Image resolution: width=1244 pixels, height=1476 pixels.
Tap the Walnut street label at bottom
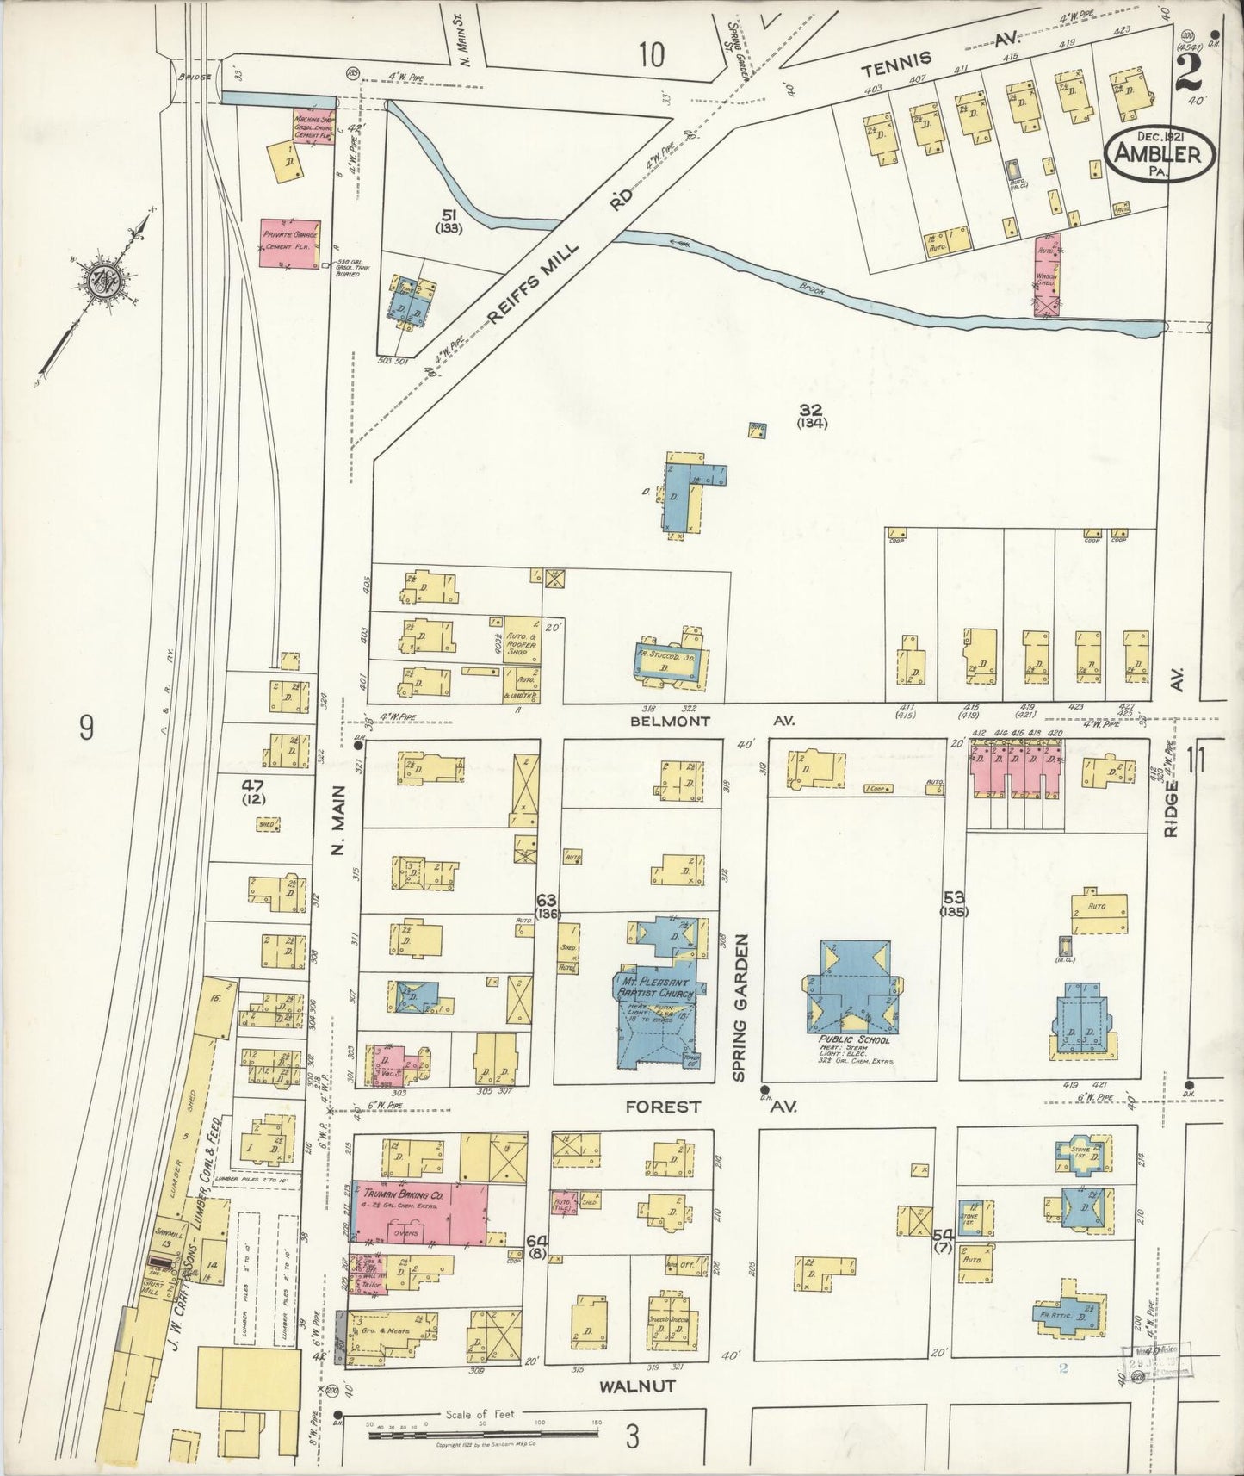(638, 1386)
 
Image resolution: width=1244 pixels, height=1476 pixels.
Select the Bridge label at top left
(192, 76)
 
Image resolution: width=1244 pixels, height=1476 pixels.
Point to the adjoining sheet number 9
(86, 729)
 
